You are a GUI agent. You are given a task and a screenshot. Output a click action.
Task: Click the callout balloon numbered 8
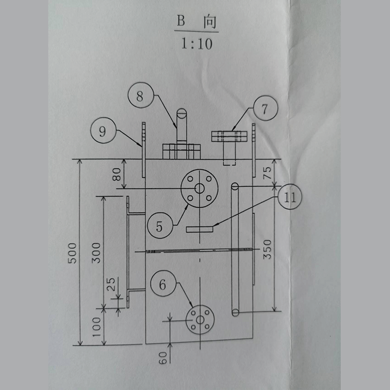(x=140, y=96)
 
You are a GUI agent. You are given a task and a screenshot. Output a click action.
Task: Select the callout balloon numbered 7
(x=264, y=109)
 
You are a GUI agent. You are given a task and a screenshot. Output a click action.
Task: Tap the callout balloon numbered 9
(x=102, y=131)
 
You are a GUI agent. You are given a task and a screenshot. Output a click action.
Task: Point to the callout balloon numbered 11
(x=290, y=197)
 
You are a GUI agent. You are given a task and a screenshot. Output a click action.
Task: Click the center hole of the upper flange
(x=199, y=189)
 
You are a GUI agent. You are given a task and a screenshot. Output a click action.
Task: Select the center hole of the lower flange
(x=199, y=320)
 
